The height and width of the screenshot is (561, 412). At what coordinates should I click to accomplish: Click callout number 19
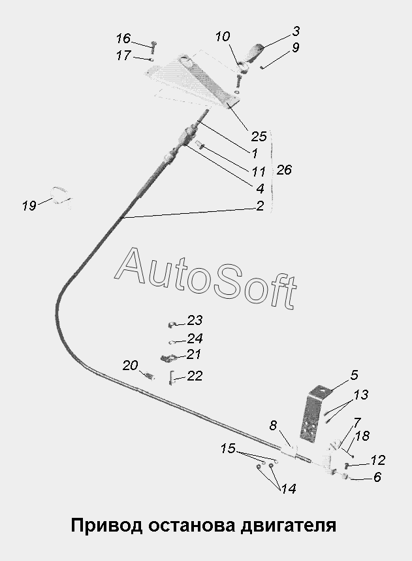29,206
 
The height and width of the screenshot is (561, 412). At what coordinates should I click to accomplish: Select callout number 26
284,169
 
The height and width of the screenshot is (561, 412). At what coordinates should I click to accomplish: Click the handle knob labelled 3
255,52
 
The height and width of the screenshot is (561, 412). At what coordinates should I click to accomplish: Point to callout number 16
123,39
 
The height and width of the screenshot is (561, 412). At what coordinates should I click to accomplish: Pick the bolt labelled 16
154,46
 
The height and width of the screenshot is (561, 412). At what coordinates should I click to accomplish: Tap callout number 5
354,375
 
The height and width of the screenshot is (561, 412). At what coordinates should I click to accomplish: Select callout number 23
195,320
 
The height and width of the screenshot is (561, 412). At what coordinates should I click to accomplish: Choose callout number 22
195,376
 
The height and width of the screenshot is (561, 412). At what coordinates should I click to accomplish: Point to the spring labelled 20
149,375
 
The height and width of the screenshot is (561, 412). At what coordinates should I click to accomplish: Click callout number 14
289,489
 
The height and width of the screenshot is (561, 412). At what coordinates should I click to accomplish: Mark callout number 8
273,426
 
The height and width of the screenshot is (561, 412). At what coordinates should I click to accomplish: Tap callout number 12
377,460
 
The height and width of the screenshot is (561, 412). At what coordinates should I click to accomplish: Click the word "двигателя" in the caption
289,526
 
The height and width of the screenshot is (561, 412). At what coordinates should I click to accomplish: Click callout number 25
259,136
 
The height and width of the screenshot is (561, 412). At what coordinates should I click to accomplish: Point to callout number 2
260,206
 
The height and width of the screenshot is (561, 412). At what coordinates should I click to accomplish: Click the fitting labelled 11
200,145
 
